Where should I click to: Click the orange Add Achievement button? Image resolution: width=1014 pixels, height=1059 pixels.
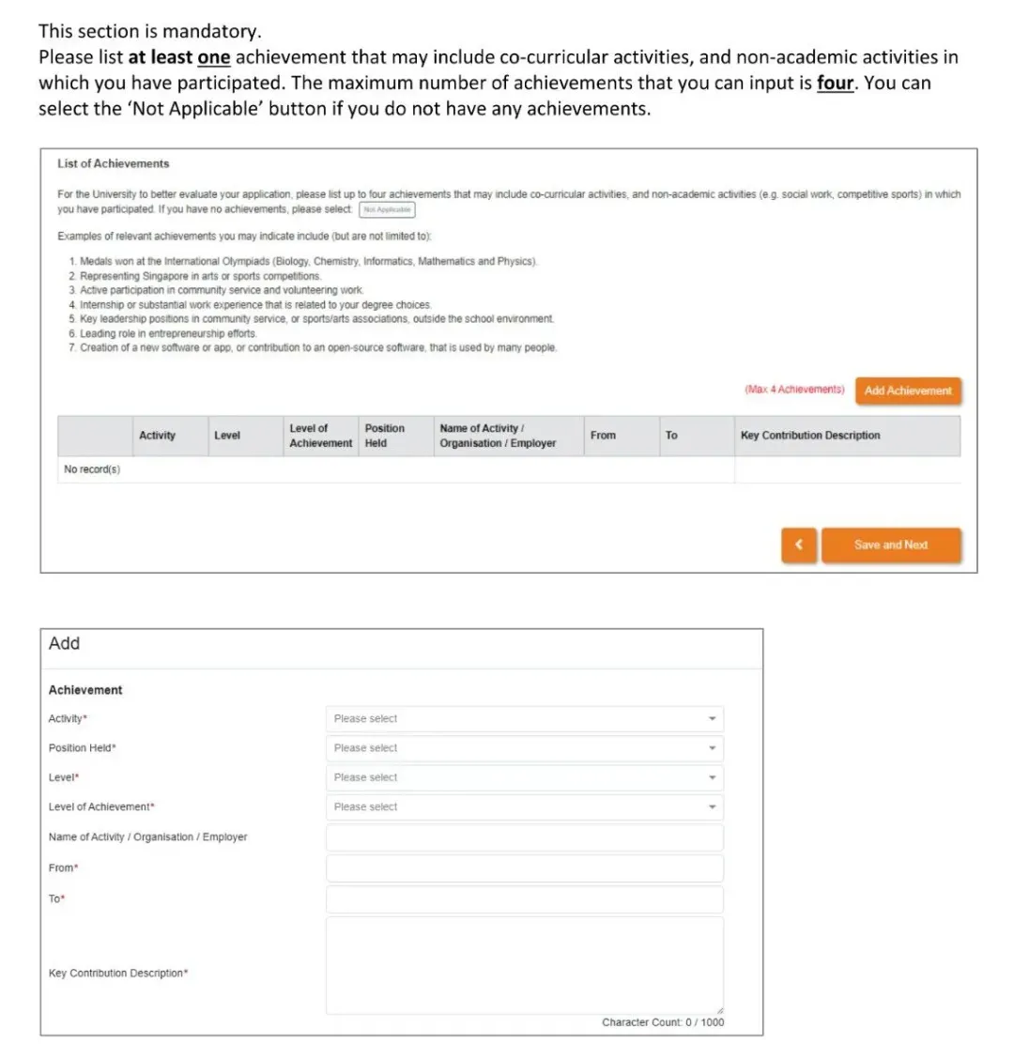(908, 391)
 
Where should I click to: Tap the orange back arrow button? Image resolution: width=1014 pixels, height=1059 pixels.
(799, 545)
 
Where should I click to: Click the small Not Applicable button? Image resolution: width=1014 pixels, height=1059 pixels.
(387, 209)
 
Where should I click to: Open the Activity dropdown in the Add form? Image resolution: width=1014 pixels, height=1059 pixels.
(524, 719)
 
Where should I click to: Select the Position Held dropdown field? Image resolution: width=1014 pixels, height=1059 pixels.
(524, 748)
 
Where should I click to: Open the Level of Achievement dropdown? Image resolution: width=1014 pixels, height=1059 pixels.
(524, 806)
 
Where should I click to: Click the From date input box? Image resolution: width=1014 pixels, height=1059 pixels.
(524, 867)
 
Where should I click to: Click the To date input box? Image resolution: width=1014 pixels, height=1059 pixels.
(524, 899)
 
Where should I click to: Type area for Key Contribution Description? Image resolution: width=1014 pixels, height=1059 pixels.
(524, 965)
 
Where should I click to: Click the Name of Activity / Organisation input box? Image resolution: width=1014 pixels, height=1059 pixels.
(524, 837)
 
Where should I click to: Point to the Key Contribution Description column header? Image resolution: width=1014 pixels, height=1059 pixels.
(810, 436)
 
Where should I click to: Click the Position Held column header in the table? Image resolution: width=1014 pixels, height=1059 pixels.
(384, 436)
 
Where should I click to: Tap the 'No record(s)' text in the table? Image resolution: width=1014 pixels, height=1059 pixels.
(92, 469)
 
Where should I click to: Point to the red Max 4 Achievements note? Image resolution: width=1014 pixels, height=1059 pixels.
(794, 390)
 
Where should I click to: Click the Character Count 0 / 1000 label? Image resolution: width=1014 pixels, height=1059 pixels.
(663, 1022)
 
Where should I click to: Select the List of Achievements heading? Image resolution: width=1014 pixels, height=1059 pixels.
(113, 163)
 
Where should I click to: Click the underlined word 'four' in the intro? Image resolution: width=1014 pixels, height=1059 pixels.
(835, 83)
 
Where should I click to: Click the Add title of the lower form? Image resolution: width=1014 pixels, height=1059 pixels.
(64, 643)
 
